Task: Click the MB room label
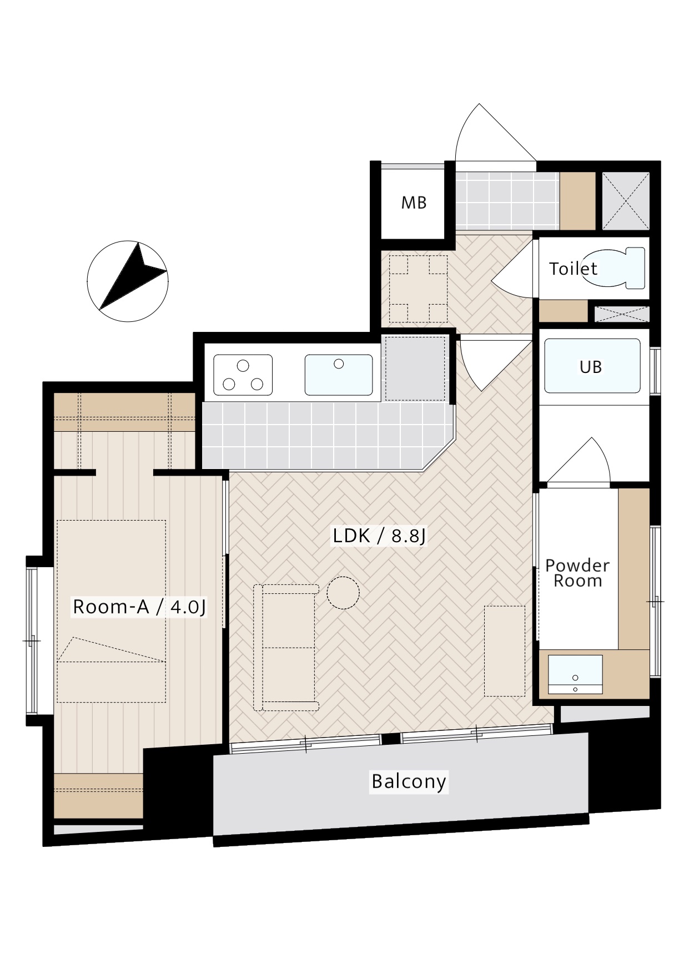point(414,203)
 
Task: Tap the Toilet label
point(573,269)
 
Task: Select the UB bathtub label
point(590,367)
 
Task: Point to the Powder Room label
point(577,573)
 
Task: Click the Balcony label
point(409,781)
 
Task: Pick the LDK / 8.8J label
point(379,536)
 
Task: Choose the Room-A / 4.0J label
point(139,607)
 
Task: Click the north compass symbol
point(128,281)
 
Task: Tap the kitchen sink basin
point(339,375)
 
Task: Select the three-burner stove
point(243,375)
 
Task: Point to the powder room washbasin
point(575,674)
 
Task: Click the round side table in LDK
point(343,593)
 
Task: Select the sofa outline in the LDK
point(286,648)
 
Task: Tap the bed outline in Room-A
point(111,611)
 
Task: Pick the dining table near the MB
point(418,289)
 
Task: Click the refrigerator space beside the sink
point(415,368)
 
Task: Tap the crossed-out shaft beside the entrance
point(626,200)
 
